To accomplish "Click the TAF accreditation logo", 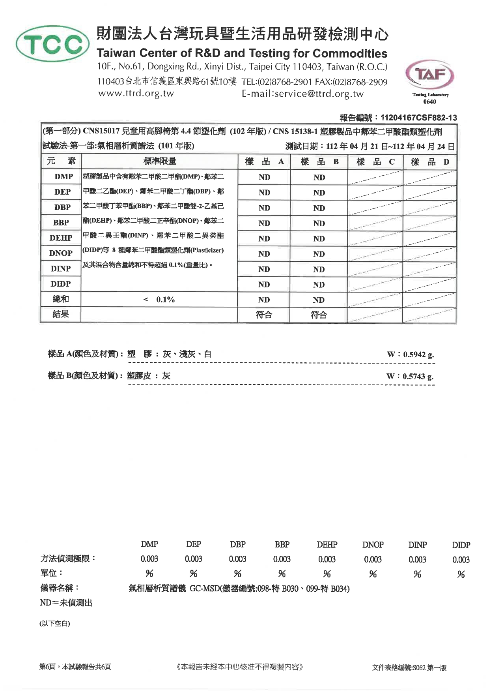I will [x=430, y=75].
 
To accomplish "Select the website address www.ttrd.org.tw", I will [x=136, y=94].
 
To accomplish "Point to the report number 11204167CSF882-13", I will [x=418, y=118].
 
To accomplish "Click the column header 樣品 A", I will [x=264, y=161].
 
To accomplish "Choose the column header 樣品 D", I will [x=430, y=161].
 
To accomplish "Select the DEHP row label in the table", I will [x=61, y=238].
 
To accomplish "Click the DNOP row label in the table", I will [x=61, y=253].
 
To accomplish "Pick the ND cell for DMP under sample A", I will [x=264, y=178].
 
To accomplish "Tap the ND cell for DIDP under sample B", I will [x=319, y=285].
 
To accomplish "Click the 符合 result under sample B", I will [x=319, y=315].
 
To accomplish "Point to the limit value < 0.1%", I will [x=159, y=300].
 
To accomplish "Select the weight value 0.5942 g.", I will [x=418, y=354].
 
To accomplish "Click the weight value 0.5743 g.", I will [x=418, y=377].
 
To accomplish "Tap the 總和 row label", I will [x=61, y=299].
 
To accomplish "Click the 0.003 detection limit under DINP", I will [x=417, y=559].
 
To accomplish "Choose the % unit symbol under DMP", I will [x=149, y=574].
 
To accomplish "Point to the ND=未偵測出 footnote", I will [x=66, y=603].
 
